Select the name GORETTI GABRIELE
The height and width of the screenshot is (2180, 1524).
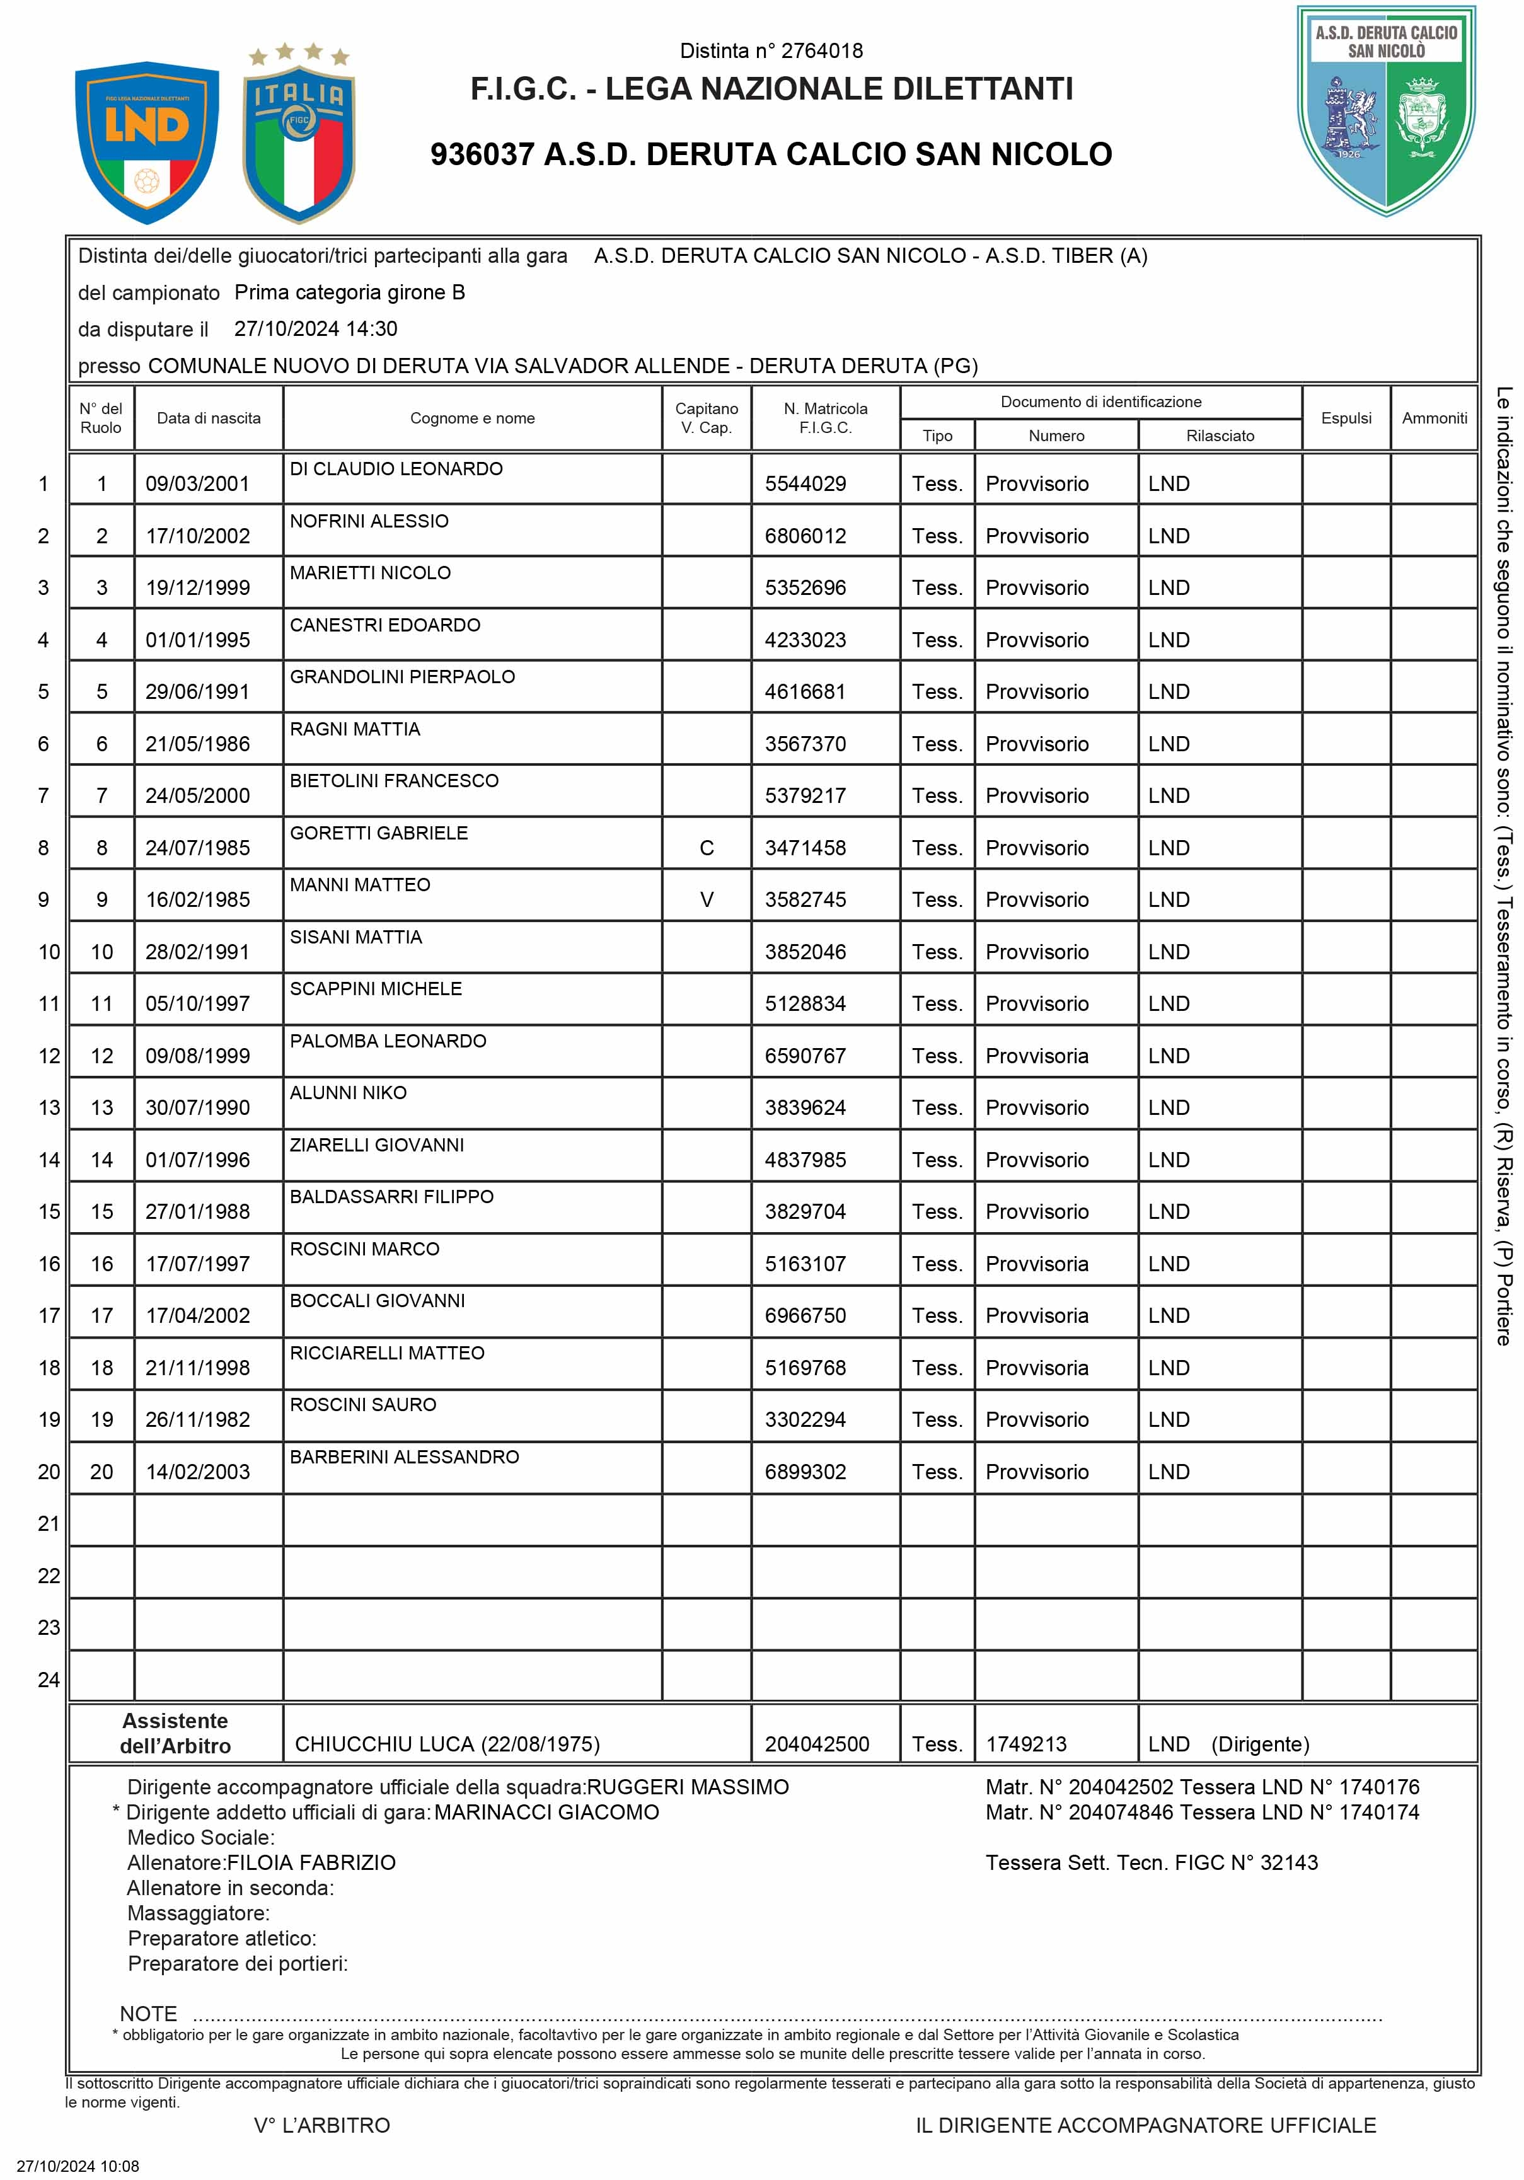click(x=379, y=833)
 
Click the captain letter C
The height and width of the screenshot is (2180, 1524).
click(x=707, y=848)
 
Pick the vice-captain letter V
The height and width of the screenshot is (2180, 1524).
click(x=707, y=899)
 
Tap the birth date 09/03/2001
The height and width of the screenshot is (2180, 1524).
click(x=197, y=484)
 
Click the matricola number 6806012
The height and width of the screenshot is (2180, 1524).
click(x=805, y=536)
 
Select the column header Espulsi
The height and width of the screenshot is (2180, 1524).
click(x=1346, y=418)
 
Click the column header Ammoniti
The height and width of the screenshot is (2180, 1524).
click(x=1434, y=418)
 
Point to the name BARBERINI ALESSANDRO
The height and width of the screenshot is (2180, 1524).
click(x=405, y=1456)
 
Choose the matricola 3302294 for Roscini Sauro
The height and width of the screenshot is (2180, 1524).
click(x=805, y=1419)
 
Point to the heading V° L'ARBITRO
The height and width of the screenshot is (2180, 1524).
click(x=322, y=2126)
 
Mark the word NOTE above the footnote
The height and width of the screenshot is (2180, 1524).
click(x=148, y=2014)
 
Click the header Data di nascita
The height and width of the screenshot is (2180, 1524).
click(x=208, y=418)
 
